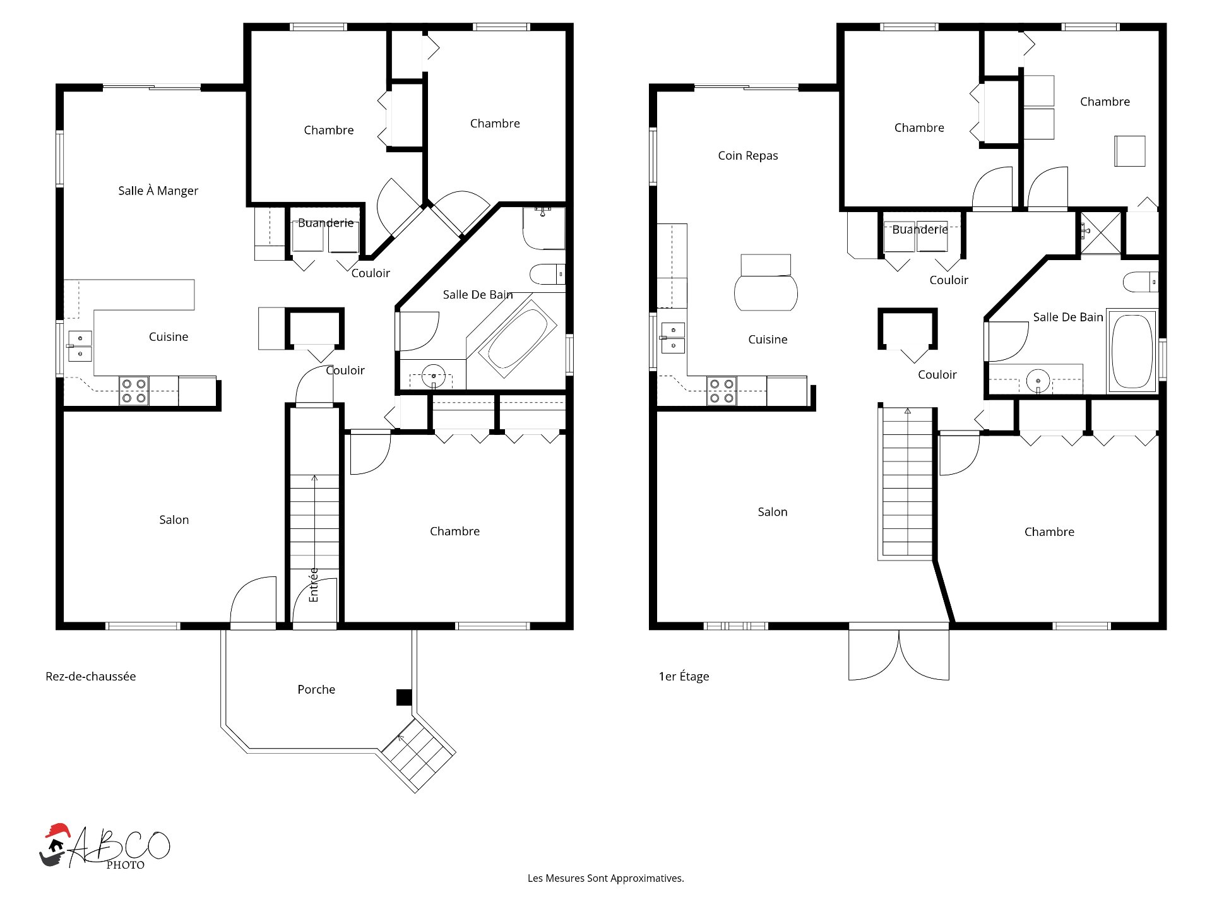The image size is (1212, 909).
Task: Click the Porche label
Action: [x=316, y=689]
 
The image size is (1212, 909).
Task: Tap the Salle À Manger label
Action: [x=158, y=191]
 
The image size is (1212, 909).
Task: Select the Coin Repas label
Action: [x=747, y=155]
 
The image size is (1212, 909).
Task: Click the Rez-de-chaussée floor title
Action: [x=90, y=676]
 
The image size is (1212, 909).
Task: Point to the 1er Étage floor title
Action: [x=684, y=676]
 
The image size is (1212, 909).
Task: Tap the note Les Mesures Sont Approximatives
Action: [x=605, y=878]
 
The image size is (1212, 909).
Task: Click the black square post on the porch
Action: [x=404, y=697]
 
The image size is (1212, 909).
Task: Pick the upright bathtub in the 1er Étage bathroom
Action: [x=1132, y=351]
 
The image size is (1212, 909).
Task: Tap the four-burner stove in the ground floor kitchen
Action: [x=134, y=391]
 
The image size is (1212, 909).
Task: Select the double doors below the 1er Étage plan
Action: [x=898, y=653]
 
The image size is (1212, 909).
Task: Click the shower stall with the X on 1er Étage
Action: [x=1101, y=232]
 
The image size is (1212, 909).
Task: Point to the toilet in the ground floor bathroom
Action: [x=547, y=274]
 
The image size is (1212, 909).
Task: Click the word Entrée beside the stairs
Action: [x=314, y=585]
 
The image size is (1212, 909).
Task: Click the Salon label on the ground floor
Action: [x=174, y=520]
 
